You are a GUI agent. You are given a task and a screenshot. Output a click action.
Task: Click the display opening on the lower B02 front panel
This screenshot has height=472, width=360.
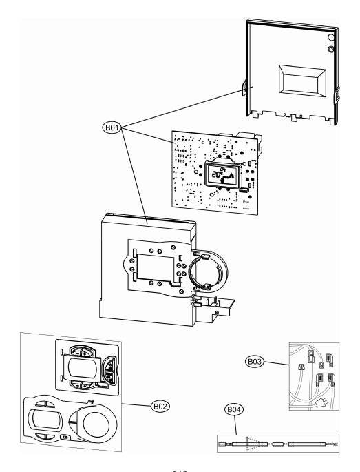click(43, 416)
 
